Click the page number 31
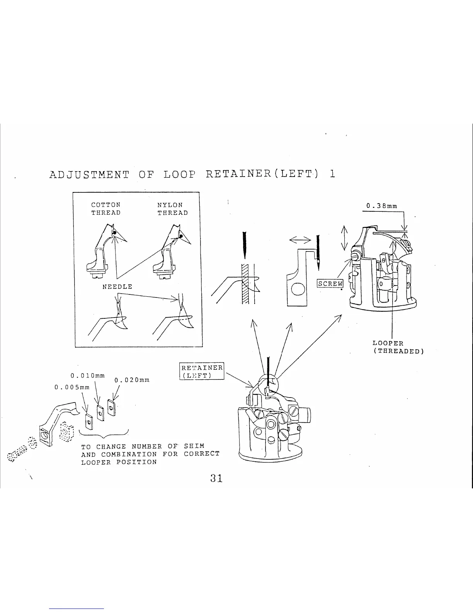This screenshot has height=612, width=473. click(x=216, y=478)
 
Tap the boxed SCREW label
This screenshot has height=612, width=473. click(x=330, y=284)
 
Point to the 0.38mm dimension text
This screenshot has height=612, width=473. click(x=382, y=206)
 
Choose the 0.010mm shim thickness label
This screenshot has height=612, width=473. click(x=88, y=376)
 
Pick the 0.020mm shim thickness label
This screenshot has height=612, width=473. click(x=132, y=380)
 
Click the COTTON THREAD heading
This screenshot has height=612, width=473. click(x=105, y=209)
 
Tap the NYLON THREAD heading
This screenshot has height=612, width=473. click(x=172, y=209)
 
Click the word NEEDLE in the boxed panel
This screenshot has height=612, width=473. click(x=117, y=287)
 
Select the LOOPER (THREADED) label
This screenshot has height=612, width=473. click(x=398, y=347)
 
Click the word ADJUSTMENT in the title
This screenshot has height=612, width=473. click(x=89, y=175)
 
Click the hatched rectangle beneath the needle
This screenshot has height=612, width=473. click(x=245, y=284)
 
